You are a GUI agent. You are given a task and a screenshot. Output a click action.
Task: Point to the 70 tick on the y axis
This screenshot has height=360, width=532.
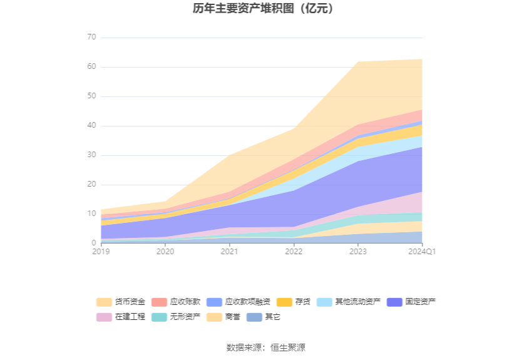coord(91,38)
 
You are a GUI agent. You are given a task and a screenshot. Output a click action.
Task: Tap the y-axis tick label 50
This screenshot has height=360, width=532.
coord(91,96)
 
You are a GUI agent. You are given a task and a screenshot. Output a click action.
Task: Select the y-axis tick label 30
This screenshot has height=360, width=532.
coord(91,155)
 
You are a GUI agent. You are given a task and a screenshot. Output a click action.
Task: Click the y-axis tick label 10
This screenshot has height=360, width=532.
coord(91,214)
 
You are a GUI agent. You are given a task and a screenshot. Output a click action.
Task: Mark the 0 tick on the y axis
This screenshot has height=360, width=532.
coord(94,244)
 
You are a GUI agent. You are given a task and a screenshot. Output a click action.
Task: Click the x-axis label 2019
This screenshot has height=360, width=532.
coord(101,252)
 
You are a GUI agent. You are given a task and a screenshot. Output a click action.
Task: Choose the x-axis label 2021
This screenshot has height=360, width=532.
coord(229,252)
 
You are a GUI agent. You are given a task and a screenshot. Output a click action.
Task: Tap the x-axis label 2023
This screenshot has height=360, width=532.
coord(358,252)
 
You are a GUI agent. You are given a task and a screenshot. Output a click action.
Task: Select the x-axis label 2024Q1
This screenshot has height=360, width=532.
coord(422,252)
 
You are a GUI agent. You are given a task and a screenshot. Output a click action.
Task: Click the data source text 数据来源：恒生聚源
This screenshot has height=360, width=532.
coord(266,347)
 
